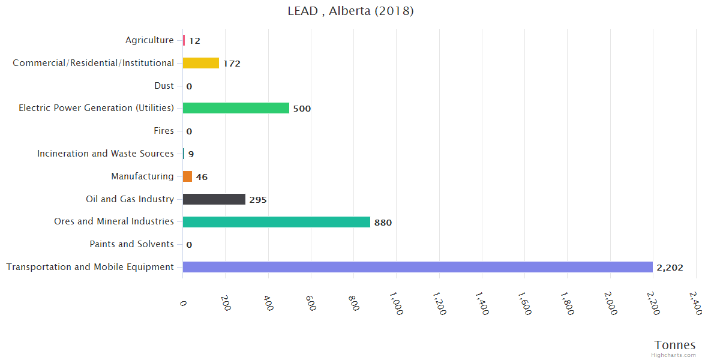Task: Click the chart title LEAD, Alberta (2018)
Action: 350,11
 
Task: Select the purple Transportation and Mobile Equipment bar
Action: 418,267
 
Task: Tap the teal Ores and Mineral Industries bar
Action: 277,222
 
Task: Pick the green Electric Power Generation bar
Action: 236,108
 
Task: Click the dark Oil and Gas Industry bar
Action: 214,199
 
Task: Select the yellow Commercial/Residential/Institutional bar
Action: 201,63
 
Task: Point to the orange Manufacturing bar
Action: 188,176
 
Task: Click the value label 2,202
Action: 670,268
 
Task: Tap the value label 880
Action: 383,223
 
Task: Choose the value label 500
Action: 302,109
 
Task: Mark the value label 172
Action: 232,64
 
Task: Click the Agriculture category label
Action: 149,40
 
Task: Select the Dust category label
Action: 164,86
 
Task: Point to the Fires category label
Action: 164,131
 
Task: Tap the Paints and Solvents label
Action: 131,244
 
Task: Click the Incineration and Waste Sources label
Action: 106,154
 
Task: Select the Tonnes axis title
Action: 675,345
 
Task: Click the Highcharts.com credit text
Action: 674,355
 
